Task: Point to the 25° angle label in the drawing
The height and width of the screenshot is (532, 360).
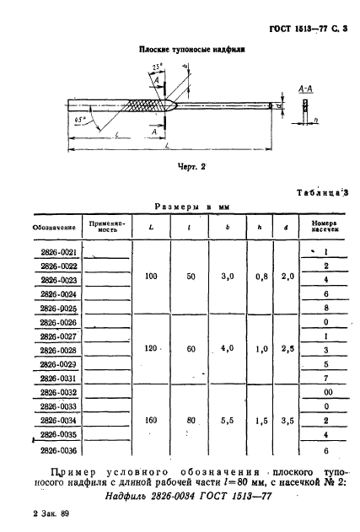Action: tap(158, 66)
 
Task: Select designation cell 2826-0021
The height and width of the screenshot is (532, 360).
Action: tap(59, 252)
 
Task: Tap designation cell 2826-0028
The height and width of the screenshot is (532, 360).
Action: tap(59, 350)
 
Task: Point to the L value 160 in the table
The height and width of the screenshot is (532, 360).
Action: tap(151, 419)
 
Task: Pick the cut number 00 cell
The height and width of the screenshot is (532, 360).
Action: tap(325, 392)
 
